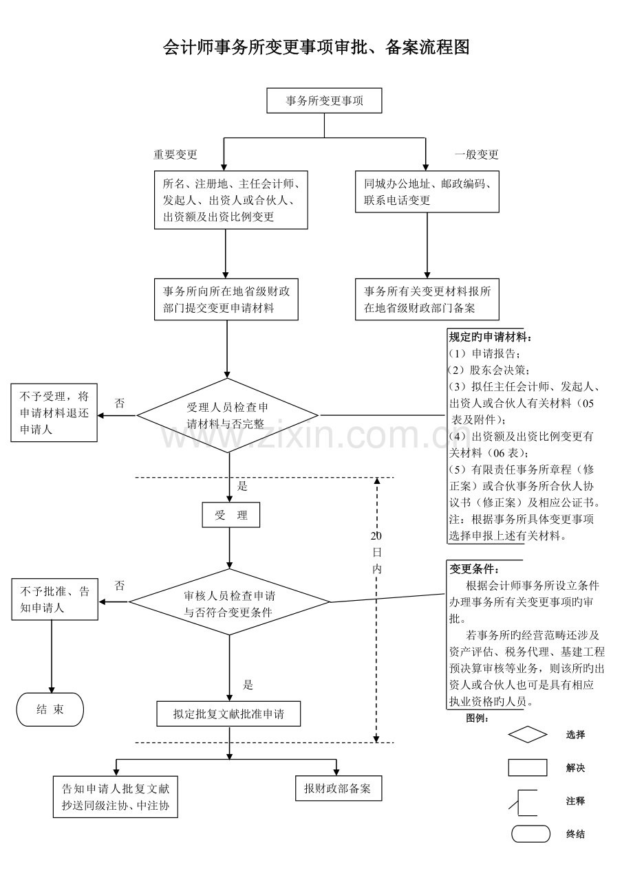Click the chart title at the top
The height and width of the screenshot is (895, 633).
click(x=316, y=47)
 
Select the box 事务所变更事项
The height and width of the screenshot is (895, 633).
click(x=324, y=101)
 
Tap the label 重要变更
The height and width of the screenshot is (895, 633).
click(x=175, y=155)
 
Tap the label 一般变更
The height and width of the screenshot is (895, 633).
click(x=476, y=155)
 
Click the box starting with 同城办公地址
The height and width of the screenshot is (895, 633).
click(x=427, y=192)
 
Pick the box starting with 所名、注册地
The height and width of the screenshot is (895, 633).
click(x=230, y=200)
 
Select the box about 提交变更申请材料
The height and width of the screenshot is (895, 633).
click(x=226, y=300)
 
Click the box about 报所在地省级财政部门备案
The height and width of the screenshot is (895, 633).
click(x=427, y=300)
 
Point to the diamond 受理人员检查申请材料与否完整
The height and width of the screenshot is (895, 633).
click(x=228, y=415)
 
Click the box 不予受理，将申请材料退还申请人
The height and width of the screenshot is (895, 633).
click(x=54, y=412)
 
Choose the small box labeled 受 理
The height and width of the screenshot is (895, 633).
click(x=231, y=515)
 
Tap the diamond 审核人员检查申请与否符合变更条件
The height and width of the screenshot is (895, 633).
click(x=230, y=603)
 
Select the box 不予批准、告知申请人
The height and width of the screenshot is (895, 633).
click(x=55, y=599)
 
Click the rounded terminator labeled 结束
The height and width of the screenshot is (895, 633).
click(x=50, y=709)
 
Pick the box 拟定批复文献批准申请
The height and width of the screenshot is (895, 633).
click(x=228, y=714)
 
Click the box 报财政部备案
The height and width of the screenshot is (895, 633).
click(x=337, y=788)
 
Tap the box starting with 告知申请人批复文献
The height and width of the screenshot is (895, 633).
click(x=116, y=797)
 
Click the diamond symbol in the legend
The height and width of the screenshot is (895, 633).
click(x=528, y=735)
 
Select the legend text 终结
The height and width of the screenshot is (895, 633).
click(x=575, y=835)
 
